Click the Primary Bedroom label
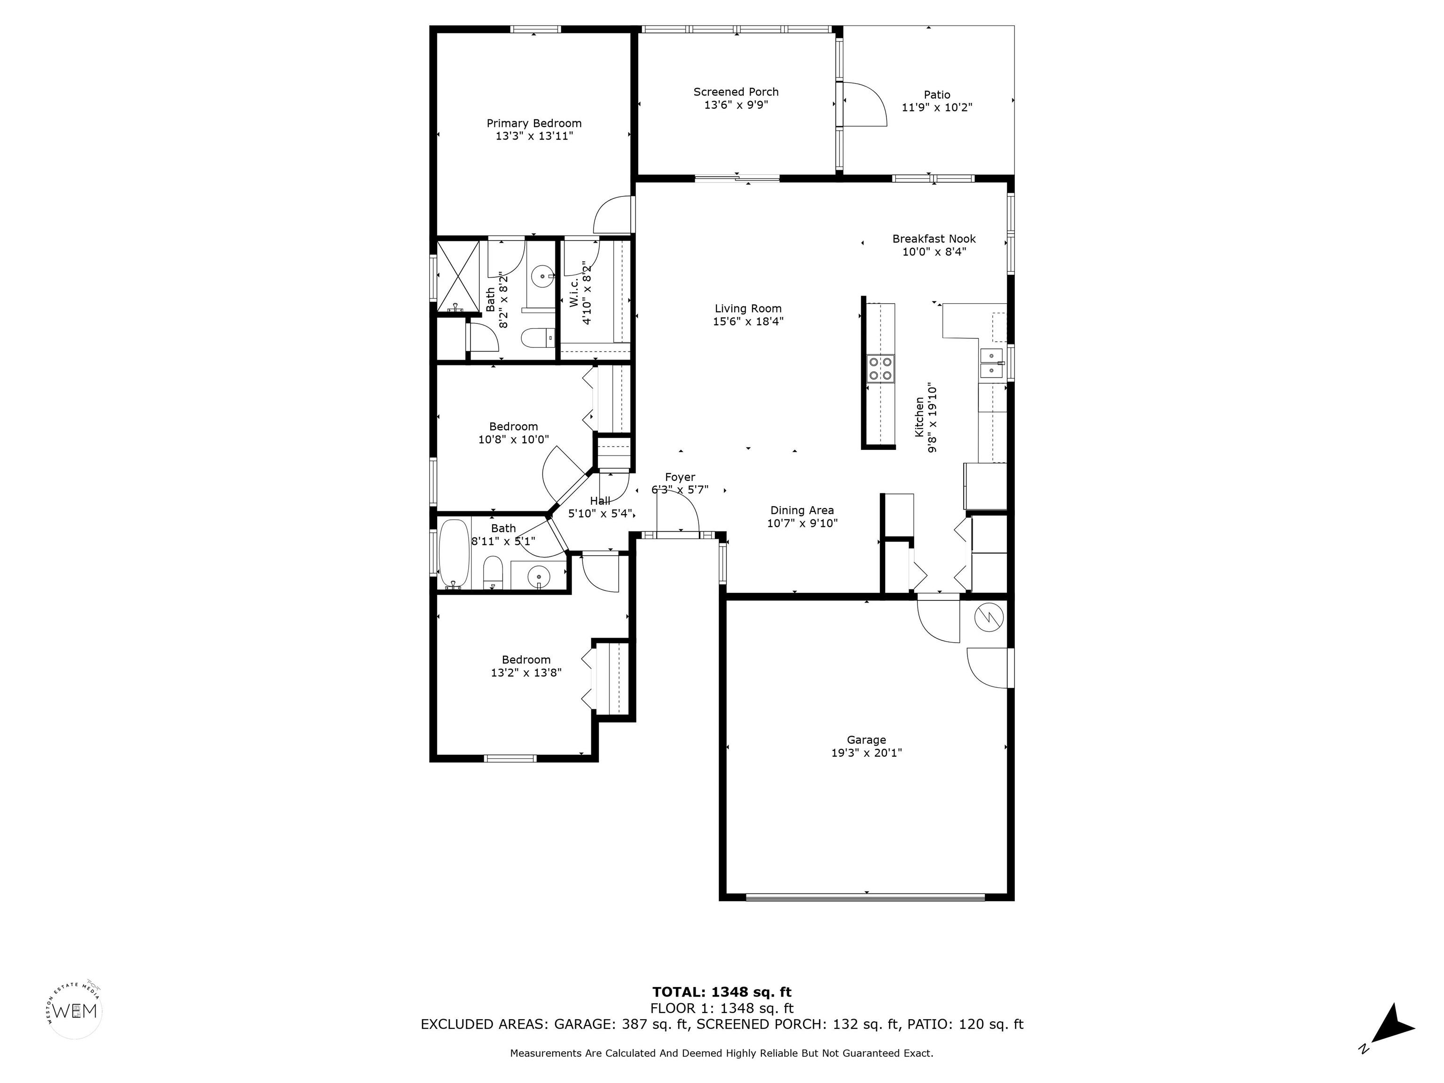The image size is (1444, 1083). pos(534,123)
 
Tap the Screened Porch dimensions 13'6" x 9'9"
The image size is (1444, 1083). pos(737,104)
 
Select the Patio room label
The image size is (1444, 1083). pos(937,94)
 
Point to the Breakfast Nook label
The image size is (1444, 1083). pos(934,239)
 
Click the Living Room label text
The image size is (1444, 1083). pos(748,309)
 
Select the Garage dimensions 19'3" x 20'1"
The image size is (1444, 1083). pos(866,753)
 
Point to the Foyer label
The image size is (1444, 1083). pos(680,477)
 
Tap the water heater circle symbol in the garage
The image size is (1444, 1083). pos(989,617)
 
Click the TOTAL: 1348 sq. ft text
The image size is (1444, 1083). pos(722,992)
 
